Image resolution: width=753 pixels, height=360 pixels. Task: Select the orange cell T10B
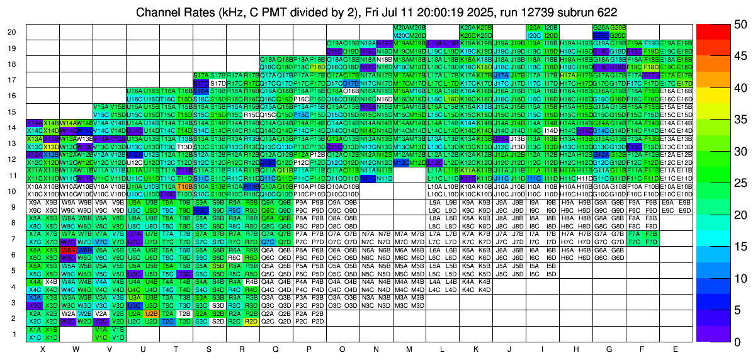click(x=184, y=186)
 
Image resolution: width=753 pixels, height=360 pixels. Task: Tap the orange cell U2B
click(x=151, y=313)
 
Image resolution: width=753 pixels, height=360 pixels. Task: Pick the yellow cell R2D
click(x=251, y=321)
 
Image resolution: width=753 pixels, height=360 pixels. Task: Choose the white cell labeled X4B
click(x=51, y=281)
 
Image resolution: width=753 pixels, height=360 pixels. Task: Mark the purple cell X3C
click(x=35, y=305)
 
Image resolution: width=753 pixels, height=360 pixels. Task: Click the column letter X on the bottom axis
click(x=42, y=348)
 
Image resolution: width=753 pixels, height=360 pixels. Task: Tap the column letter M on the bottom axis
click(x=410, y=348)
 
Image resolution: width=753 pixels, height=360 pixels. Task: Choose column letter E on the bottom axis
click(x=676, y=348)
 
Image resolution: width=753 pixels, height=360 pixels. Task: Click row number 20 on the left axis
click(x=12, y=32)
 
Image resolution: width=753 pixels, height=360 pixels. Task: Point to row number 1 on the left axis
click(x=14, y=334)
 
